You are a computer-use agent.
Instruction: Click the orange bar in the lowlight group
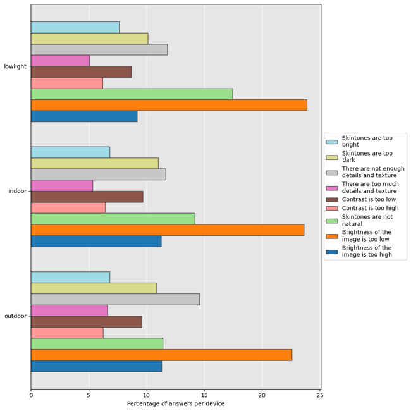tap(169, 105)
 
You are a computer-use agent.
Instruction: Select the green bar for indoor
tap(113, 219)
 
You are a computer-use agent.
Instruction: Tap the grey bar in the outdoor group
tap(115, 299)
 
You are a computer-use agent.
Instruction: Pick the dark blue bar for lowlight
tap(84, 116)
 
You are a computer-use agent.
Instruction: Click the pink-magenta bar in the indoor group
tap(62, 185)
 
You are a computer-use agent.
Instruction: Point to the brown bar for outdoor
tap(86, 321)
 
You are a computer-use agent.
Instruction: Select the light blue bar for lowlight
tap(75, 27)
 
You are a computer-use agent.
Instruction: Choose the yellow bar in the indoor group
tap(95, 163)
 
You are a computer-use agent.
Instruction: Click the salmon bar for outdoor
tap(67, 333)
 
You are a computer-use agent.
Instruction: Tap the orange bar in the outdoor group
tap(161, 355)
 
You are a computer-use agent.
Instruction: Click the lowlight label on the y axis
tap(15, 66)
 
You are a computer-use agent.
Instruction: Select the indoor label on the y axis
tap(17, 191)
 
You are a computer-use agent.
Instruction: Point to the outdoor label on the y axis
tap(15, 316)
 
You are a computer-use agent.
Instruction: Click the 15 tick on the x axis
tap(204, 395)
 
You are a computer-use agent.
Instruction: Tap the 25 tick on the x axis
tap(320, 395)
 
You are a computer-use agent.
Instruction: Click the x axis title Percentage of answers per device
tap(176, 404)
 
